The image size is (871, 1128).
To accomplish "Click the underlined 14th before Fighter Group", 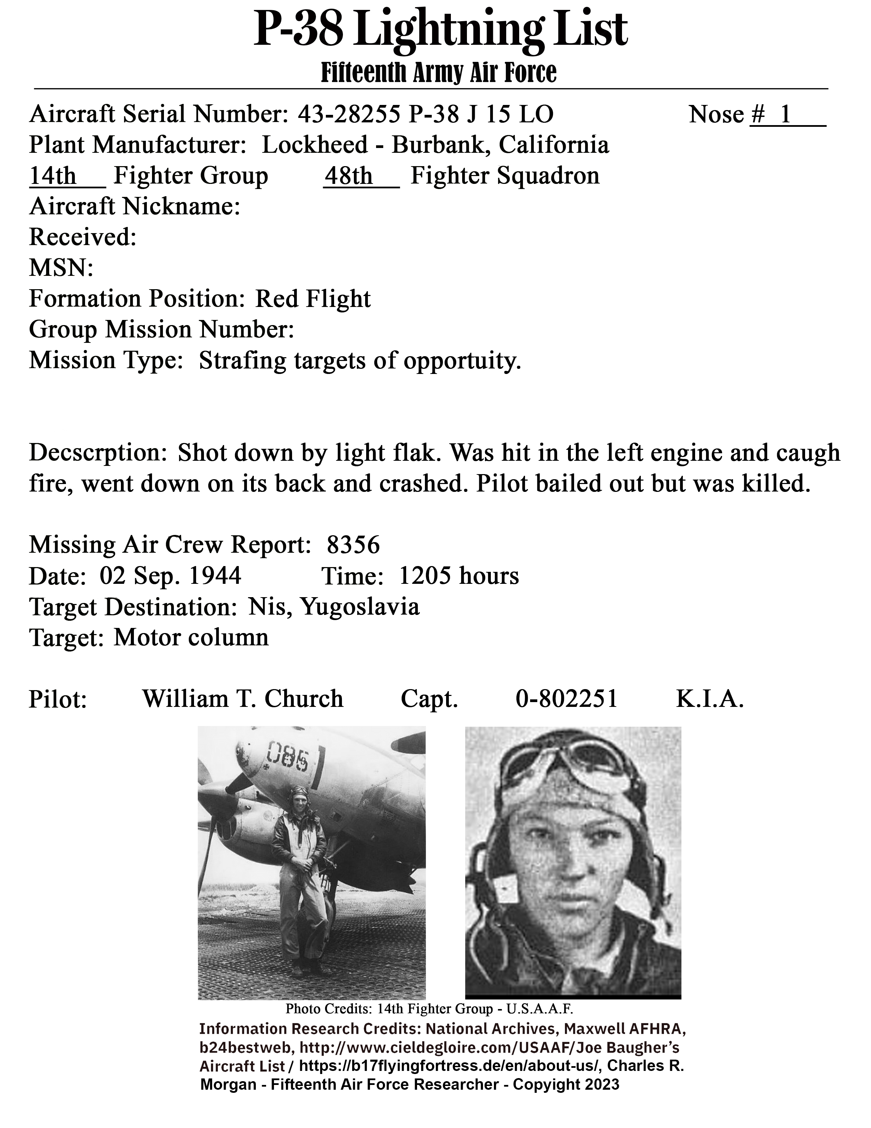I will click(x=53, y=176).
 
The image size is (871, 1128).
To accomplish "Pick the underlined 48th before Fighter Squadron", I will click(x=348, y=176).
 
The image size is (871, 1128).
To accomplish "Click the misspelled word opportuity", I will click(x=462, y=361).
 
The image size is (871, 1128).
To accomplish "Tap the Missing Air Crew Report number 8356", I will click(x=354, y=545).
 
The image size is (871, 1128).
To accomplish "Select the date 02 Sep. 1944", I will click(x=170, y=576).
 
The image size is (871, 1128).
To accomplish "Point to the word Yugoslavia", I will click(x=360, y=606).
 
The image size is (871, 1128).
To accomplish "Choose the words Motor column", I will click(x=191, y=637).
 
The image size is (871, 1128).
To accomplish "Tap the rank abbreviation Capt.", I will click(x=429, y=699).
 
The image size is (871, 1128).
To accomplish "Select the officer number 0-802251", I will click(x=567, y=699).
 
